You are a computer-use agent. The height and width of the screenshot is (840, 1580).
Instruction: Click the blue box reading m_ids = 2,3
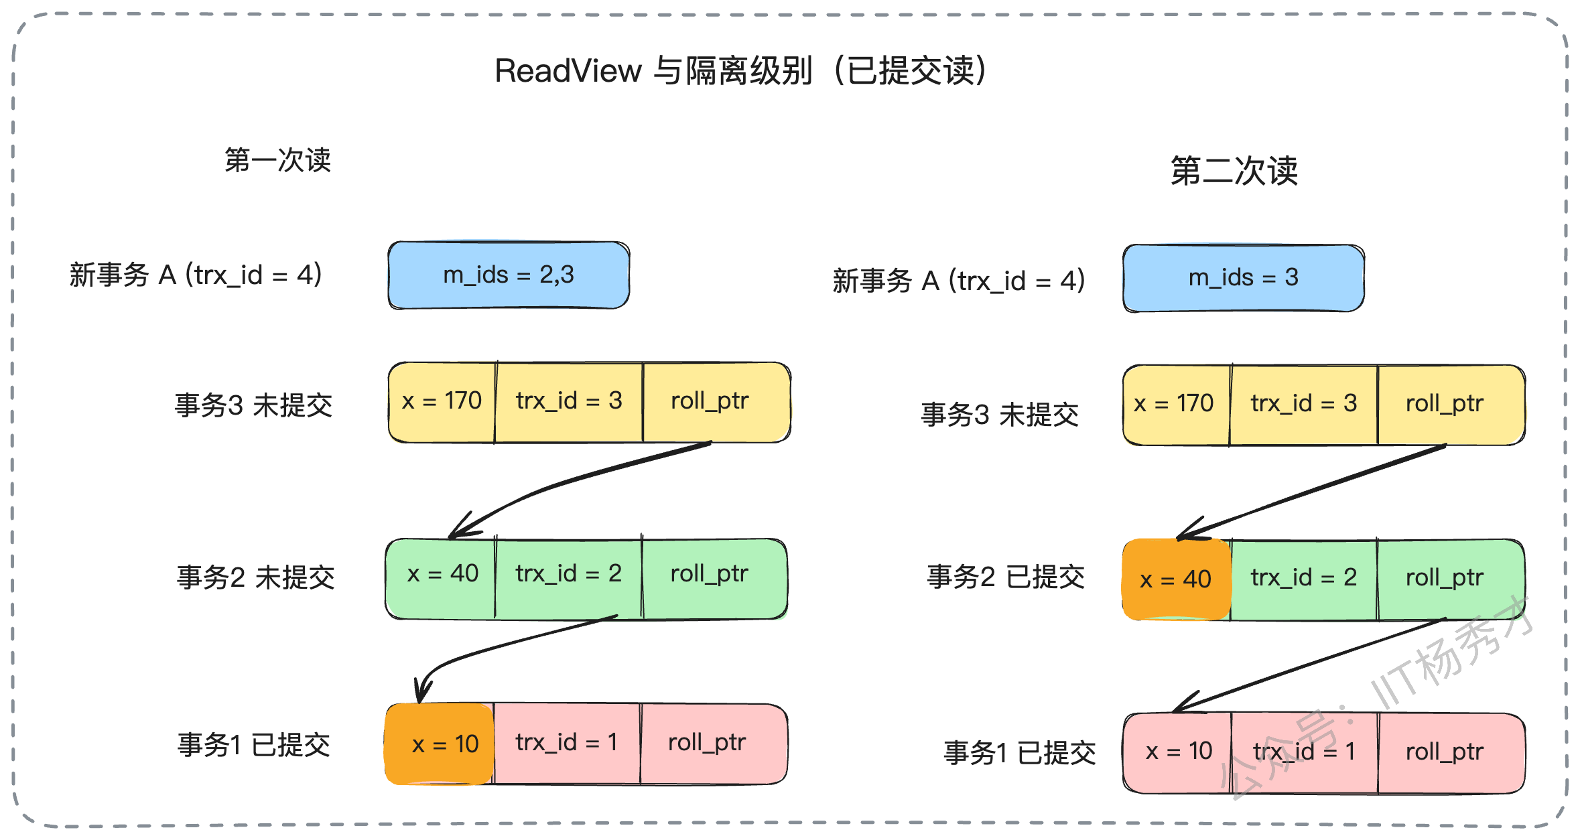509,275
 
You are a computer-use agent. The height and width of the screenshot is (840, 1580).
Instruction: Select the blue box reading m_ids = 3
1244,278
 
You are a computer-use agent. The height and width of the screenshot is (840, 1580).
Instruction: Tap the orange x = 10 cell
439,744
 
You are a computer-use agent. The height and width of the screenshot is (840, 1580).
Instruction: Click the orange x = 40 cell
1177,579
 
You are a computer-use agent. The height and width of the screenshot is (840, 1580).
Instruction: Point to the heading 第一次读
277,160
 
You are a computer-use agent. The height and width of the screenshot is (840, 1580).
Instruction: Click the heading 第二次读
1234,171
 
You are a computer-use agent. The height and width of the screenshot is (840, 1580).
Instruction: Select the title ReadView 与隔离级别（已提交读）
740,70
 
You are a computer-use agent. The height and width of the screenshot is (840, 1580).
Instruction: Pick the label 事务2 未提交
255,577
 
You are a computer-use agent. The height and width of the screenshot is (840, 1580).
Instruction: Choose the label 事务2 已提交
1006,576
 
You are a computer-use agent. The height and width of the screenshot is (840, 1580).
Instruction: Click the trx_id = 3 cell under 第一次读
569,402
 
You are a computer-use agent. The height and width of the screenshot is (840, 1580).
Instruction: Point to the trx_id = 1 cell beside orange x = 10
567,744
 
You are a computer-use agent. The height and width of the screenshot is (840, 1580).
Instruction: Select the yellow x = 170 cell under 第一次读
442,402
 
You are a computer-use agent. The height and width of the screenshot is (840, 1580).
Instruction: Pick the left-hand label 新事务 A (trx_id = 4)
196,275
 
